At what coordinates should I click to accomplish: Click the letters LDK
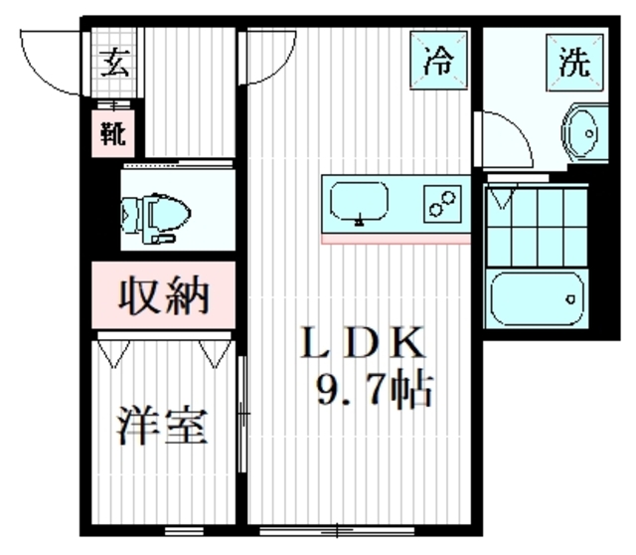[365, 346]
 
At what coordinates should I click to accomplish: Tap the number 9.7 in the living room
[351, 391]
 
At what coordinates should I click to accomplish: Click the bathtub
[538, 296]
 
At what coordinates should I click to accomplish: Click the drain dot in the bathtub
[571, 295]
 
